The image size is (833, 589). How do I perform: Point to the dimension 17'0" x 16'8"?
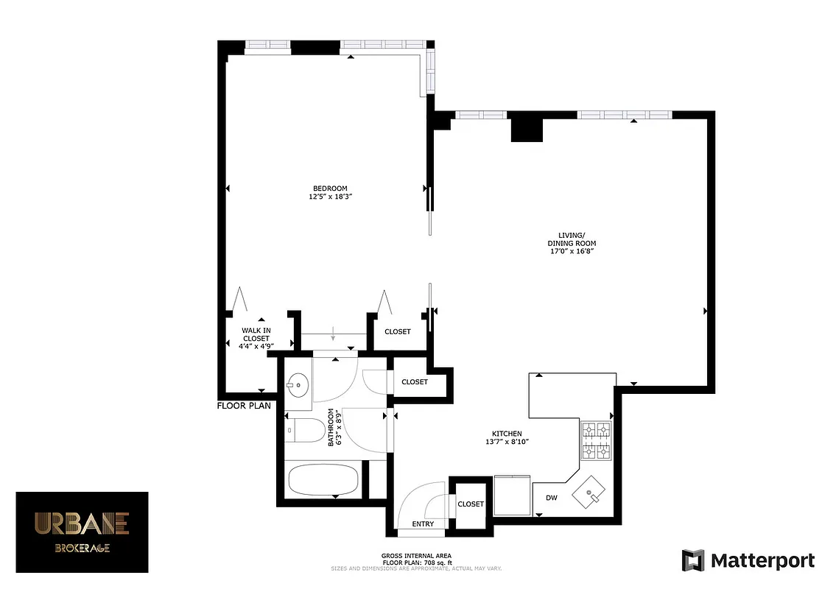pyautogui.click(x=571, y=251)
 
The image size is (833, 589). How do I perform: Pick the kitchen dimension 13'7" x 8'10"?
pyautogui.click(x=507, y=442)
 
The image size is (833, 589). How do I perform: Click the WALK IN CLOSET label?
pyautogui.click(x=256, y=334)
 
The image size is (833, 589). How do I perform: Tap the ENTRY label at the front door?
pyautogui.click(x=423, y=524)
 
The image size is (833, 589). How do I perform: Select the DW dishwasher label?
pyautogui.click(x=551, y=498)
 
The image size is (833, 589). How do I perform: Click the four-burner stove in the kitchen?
pyautogui.click(x=597, y=441)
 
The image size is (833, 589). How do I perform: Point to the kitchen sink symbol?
pyautogui.click(x=591, y=491)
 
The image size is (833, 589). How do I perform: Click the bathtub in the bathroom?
pyautogui.click(x=323, y=481)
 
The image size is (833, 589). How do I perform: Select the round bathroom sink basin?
pyautogui.click(x=298, y=384)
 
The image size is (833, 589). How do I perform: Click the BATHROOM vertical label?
pyautogui.click(x=333, y=428)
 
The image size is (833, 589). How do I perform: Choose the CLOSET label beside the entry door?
pyautogui.click(x=471, y=504)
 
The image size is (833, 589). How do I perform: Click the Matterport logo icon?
pyautogui.click(x=693, y=560)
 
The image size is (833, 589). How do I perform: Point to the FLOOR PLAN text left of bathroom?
pyautogui.click(x=244, y=406)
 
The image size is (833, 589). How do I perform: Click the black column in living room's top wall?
pyautogui.click(x=526, y=128)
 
